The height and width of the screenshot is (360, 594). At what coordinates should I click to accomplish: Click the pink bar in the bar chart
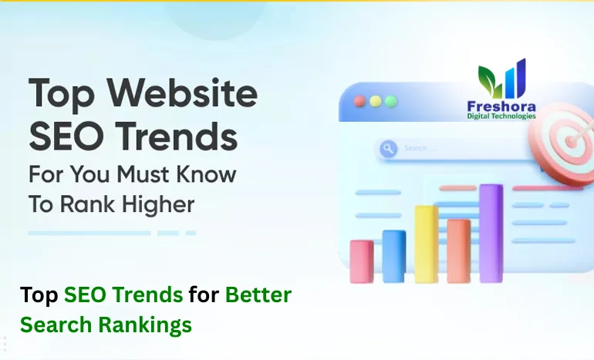[361, 261]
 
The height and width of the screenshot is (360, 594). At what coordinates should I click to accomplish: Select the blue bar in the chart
[393, 256]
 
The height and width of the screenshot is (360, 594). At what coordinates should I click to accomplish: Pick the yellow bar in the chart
[426, 244]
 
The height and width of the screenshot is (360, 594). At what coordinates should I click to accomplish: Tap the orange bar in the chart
[458, 251]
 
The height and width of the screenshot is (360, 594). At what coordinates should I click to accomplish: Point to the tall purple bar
[491, 233]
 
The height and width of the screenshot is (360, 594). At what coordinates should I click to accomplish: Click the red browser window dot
[359, 101]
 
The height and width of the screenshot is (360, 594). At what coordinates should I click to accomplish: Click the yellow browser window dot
[375, 101]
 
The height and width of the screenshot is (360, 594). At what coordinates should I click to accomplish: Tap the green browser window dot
[390, 101]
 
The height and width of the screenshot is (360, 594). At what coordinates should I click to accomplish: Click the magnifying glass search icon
[388, 148]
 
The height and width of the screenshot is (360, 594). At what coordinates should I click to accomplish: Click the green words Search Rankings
[106, 325]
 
